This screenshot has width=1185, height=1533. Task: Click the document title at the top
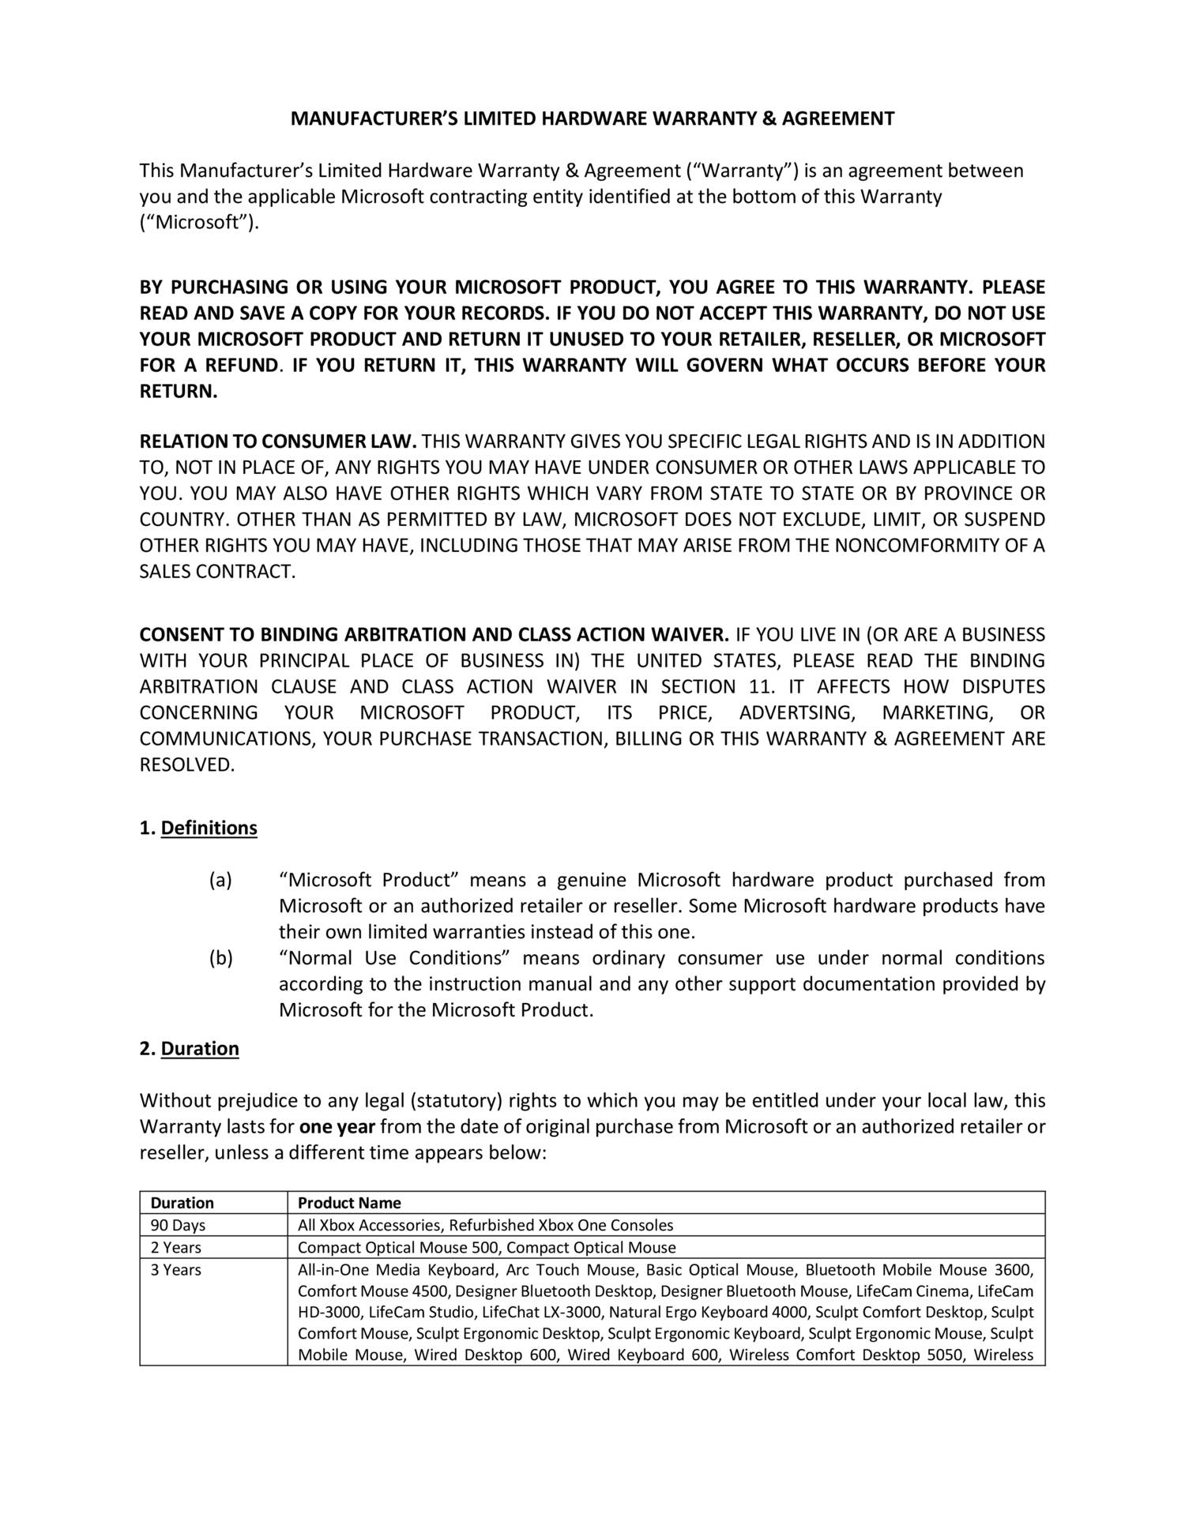click(x=592, y=119)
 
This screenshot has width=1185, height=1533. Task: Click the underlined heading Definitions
click(x=209, y=828)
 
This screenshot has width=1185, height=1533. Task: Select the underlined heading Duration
click(x=200, y=1048)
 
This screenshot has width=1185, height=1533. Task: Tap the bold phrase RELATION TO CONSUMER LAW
click(x=278, y=441)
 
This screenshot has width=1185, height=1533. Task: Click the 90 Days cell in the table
click(x=178, y=1225)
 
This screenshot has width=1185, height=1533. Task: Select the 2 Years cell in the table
click(x=176, y=1247)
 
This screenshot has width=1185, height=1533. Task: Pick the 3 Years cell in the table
click(x=176, y=1269)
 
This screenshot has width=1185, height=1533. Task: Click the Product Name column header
click(x=349, y=1203)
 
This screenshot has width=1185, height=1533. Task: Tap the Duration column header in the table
click(x=182, y=1203)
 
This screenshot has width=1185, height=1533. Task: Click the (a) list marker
click(x=220, y=880)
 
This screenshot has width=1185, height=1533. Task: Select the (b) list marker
click(x=220, y=958)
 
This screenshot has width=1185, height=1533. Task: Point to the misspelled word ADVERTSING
click(x=796, y=712)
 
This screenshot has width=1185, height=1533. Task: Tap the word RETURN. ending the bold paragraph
click(x=179, y=392)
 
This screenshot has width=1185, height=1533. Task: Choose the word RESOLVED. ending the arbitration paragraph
click(x=187, y=765)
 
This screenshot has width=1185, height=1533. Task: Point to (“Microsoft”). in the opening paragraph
click(x=199, y=223)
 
